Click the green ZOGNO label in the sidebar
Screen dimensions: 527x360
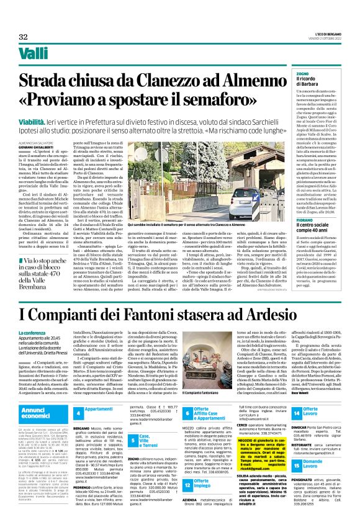point(299,73)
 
